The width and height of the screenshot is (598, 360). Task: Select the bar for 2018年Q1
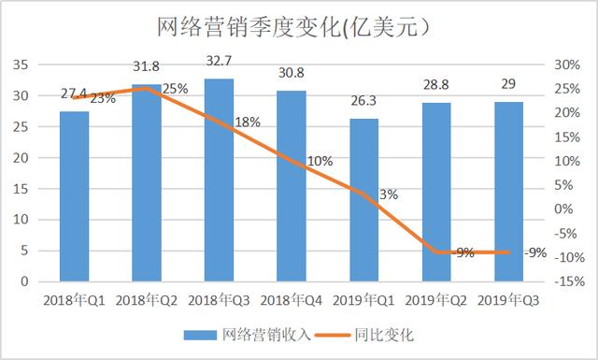click(74, 196)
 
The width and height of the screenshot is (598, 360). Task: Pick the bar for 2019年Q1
click(363, 200)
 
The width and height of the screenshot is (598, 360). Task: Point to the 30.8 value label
click(291, 72)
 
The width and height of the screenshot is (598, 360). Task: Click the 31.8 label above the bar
click(147, 66)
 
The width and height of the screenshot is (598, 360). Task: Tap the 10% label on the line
click(320, 161)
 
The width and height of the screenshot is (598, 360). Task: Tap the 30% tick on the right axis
click(569, 65)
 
